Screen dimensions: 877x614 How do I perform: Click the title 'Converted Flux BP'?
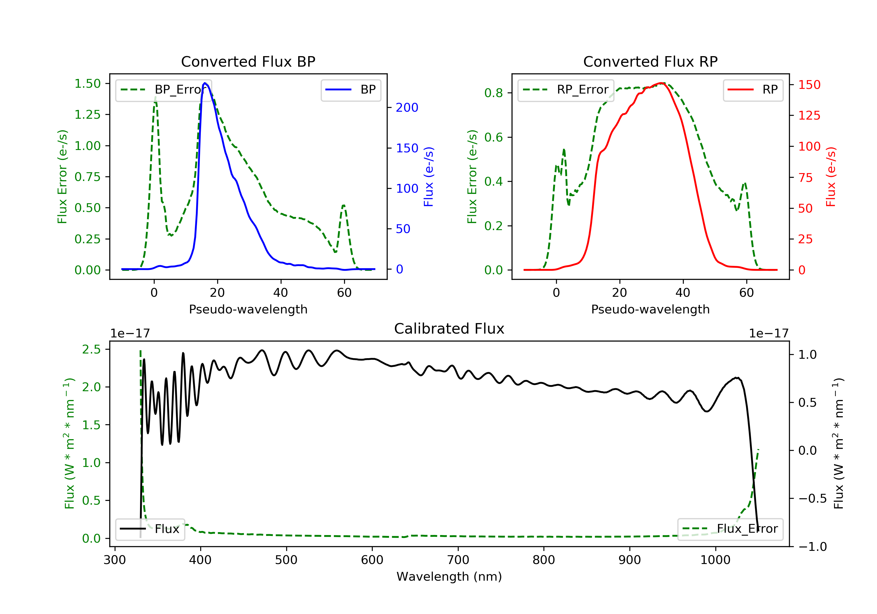248,61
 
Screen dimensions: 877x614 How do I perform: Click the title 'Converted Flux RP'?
650,61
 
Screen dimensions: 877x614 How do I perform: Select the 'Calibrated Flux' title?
449,329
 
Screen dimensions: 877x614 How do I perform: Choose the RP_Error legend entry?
566,90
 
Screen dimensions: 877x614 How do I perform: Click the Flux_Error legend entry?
730,529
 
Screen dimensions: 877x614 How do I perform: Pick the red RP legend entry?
753,90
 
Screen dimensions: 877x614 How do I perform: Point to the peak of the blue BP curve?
205,83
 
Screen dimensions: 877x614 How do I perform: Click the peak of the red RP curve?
661,83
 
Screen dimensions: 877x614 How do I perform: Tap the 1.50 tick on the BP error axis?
87,84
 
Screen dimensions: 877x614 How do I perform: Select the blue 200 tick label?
407,108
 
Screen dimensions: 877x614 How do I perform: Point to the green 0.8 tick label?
493,93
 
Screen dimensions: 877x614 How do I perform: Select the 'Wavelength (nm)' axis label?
449,577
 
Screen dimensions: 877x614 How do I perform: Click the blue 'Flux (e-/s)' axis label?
429,177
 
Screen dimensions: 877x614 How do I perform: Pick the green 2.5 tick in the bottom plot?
91,349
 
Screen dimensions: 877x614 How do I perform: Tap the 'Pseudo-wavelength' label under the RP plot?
650,309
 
